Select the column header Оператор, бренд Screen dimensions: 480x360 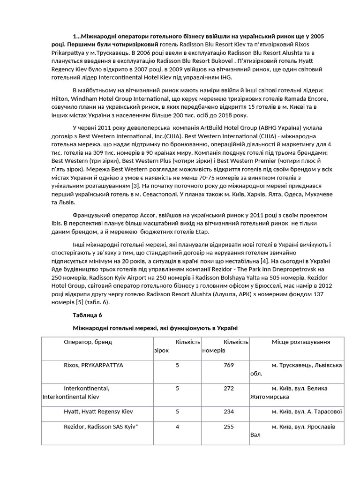click(88, 342)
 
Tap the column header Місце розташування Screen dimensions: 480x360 click(300, 342)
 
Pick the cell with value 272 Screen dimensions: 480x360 click(229, 388)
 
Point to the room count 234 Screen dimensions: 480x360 click(229, 411)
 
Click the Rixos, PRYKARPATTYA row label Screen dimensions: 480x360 click(93, 365)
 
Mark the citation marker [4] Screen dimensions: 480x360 click(264, 261)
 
